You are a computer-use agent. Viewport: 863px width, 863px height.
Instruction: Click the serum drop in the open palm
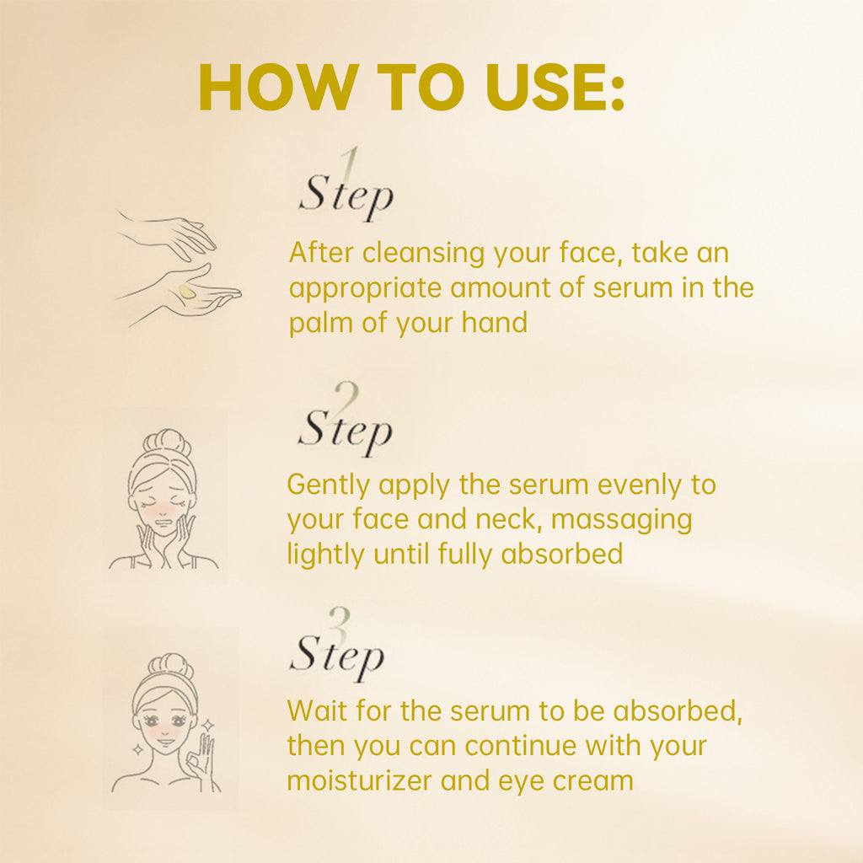click(186, 292)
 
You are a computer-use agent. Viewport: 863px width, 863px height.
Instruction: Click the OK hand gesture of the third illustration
click(201, 755)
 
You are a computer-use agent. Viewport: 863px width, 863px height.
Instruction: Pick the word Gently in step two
click(329, 485)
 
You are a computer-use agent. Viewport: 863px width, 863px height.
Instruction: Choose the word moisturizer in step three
click(362, 780)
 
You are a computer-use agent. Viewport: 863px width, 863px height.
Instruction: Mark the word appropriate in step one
click(365, 288)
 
